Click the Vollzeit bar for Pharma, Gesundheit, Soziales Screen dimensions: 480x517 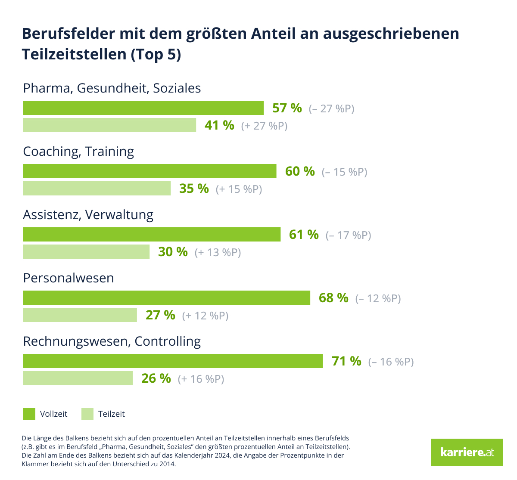[x=143, y=108]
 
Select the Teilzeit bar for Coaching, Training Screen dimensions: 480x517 [x=97, y=189]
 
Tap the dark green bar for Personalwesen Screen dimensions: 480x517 [x=166, y=298]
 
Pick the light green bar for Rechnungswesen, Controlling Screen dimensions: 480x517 [x=78, y=378]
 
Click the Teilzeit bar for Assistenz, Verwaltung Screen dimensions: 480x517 [x=86, y=252]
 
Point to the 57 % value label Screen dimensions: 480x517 [x=287, y=108]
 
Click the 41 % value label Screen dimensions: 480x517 [x=219, y=125]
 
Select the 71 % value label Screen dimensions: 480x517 [x=346, y=361]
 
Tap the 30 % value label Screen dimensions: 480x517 [x=173, y=252]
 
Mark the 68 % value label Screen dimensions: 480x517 [x=333, y=298]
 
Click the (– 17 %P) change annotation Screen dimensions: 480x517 [x=348, y=235]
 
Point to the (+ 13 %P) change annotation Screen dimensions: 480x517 [x=218, y=252]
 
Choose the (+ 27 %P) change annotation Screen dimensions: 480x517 [x=264, y=126]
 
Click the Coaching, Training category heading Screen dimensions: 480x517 [x=78, y=152]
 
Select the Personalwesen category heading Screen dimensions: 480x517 [x=69, y=278]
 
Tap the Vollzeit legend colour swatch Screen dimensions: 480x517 [x=29, y=414]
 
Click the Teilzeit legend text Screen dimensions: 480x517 [x=111, y=414]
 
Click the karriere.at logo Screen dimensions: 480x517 [x=467, y=452]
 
